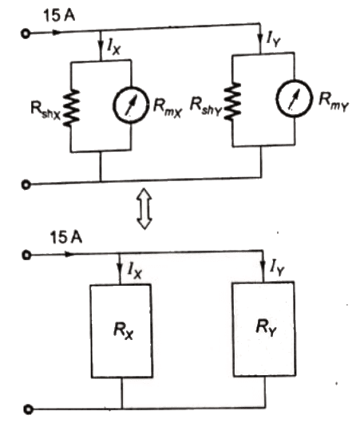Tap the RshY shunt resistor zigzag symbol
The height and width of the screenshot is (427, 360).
[234, 100]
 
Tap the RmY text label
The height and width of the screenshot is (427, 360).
[331, 98]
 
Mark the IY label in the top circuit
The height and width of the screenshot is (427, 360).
[273, 35]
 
